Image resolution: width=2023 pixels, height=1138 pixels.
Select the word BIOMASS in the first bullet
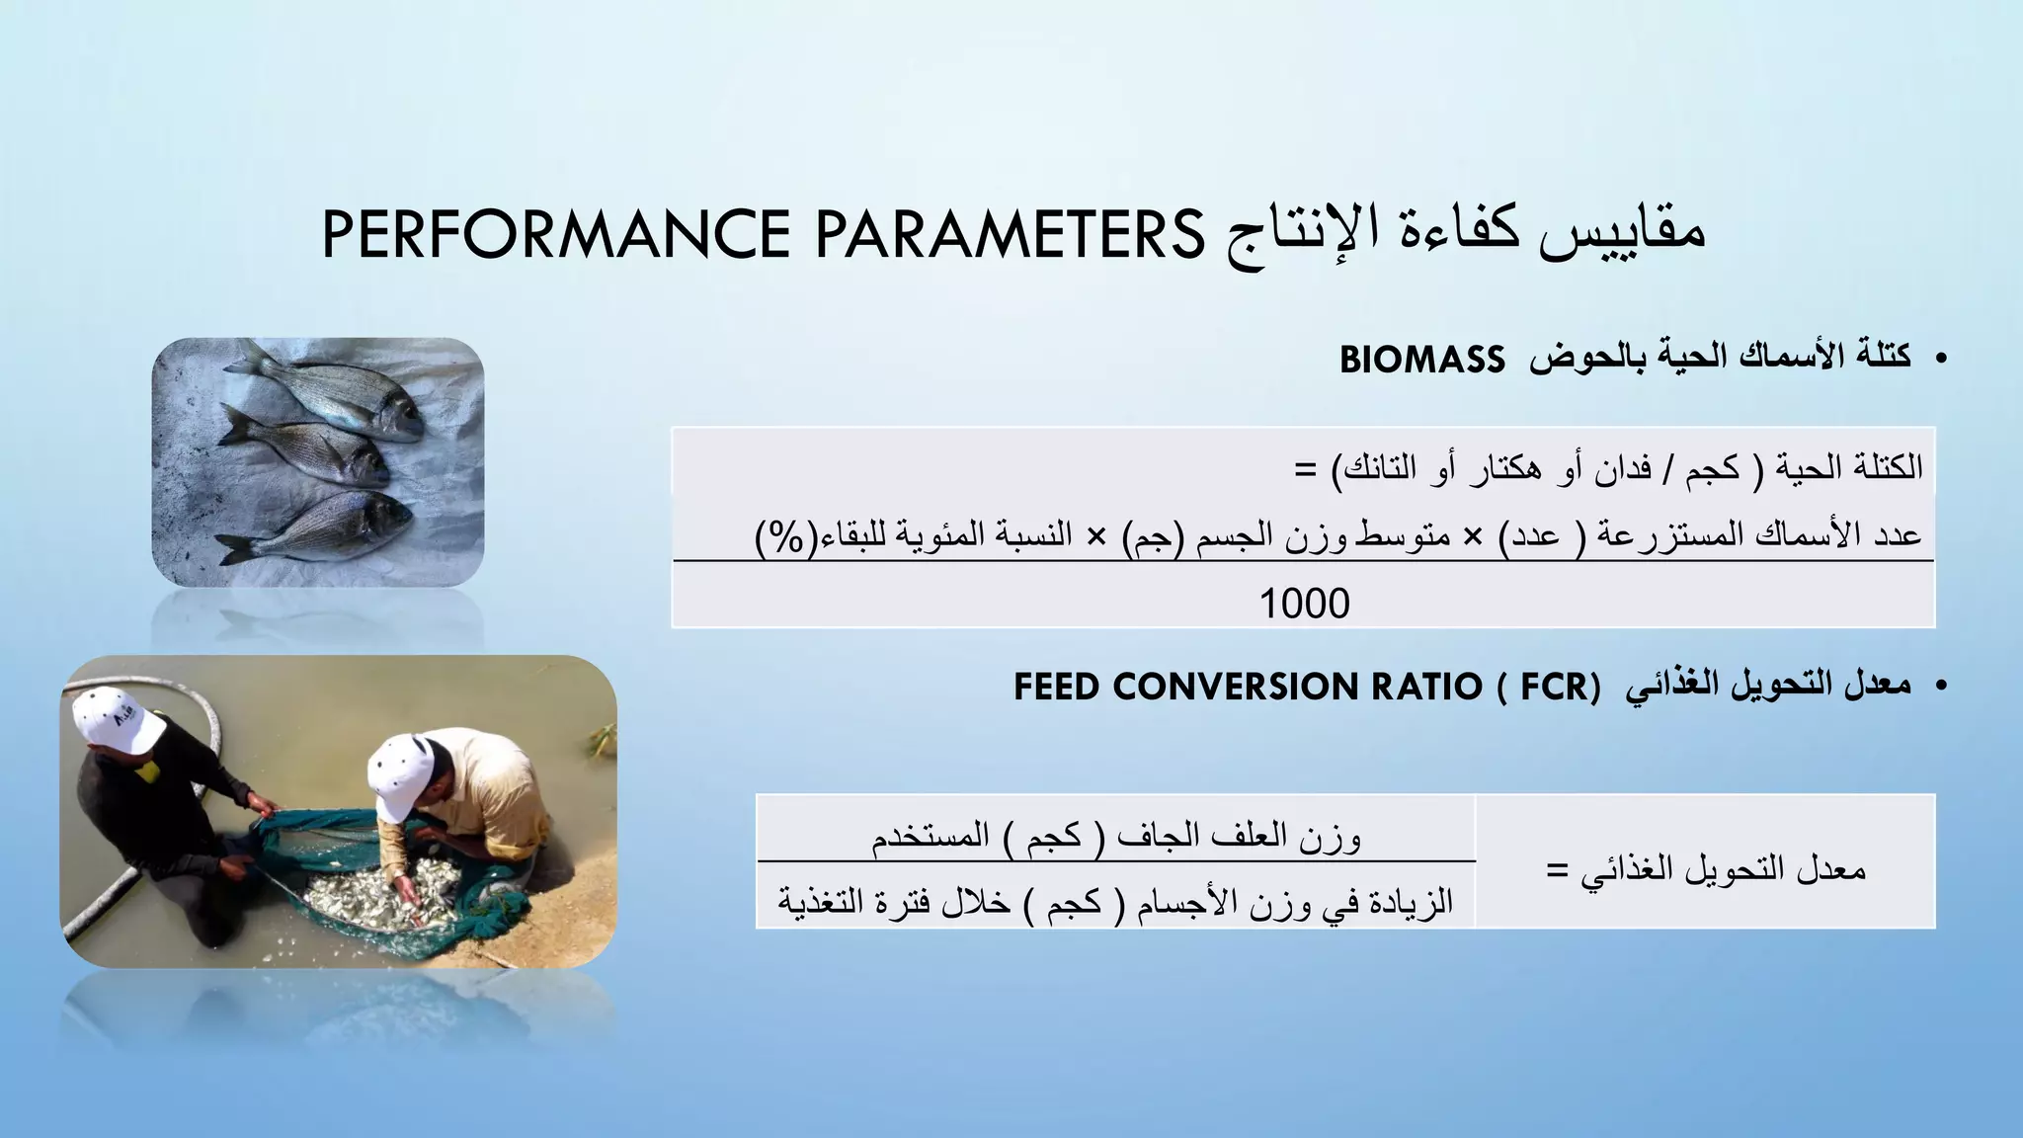(x=1421, y=361)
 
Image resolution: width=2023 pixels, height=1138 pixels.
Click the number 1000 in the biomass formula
(x=1304, y=604)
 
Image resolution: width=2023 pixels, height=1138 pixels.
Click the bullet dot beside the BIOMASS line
(x=1941, y=359)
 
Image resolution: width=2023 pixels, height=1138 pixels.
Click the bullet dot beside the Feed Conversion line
(x=1941, y=686)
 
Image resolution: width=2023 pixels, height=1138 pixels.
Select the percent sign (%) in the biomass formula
(x=785, y=538)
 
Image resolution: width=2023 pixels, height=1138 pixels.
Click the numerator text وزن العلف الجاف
(x=1239, y=837)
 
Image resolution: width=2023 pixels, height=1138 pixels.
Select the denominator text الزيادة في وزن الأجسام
(x=1294, y=902)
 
